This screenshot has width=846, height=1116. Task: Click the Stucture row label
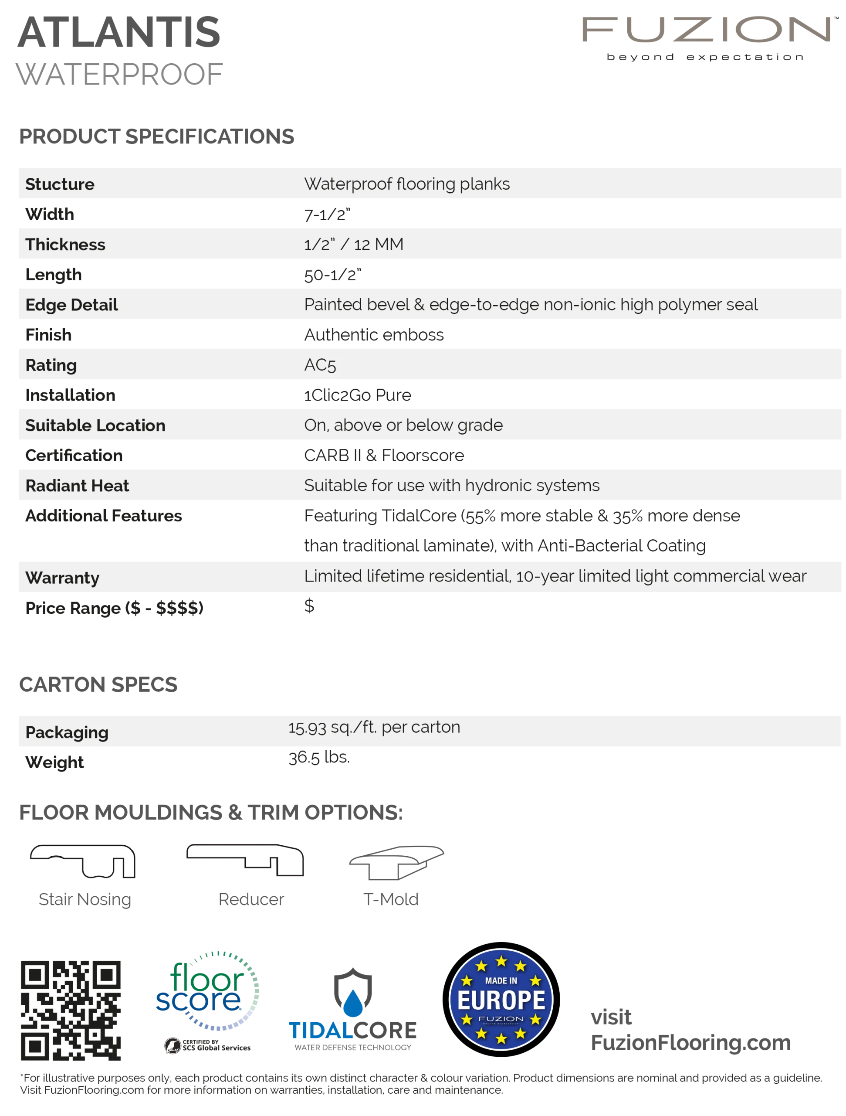(x=60, y=184)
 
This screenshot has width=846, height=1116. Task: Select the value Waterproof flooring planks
(x=407, y=184)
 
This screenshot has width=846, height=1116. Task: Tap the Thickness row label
(x=65, y=245)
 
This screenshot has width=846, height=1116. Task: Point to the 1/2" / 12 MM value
(x=353, y=245)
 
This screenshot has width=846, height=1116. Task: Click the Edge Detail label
(x=71, y=305)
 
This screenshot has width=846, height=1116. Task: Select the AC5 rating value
(x=320, y=365)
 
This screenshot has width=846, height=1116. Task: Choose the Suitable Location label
(x=95, y=425)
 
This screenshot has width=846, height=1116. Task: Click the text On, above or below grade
(x=403, y=425)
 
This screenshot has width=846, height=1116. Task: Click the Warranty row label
(x=62, y=578)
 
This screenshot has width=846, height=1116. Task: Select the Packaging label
(x=67, y=732)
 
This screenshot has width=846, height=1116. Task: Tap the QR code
(x=70, y=1010)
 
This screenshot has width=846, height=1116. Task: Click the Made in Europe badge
(x=501, y=1000)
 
